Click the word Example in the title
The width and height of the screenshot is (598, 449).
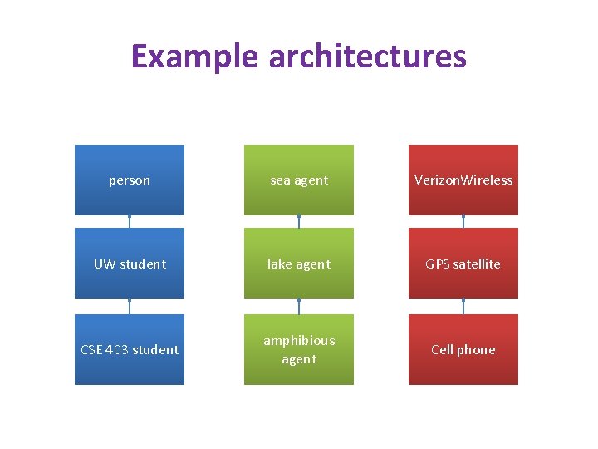click(195, 57)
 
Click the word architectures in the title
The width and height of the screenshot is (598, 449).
click(367, 57)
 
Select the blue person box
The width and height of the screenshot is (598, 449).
click(130, 180)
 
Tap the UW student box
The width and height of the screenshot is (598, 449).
click(130, 264)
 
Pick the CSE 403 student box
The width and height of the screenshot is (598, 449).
click(130, 349)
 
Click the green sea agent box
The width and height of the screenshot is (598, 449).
click(298, 180)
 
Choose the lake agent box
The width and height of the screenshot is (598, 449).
click(298, 264)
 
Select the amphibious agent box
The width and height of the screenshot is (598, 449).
click(298, 349)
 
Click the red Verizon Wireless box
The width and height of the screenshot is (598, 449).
click(463, 180)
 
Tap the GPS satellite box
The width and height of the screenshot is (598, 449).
click(463, 264)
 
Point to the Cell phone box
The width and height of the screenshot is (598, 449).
click(463, 349)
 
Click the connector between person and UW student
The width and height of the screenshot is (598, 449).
click(130, 222)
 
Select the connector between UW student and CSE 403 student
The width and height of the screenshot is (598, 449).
click(130, 306)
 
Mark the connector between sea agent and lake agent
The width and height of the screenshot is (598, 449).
click(298, 222)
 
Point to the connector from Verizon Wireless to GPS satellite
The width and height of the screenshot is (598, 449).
click(463, 222)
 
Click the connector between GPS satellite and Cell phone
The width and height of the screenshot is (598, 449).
click(463, 306)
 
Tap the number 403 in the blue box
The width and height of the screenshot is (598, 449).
click(117, 349)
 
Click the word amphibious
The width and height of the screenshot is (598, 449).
click(299, 340)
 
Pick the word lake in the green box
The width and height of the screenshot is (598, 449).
click(279, 264)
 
